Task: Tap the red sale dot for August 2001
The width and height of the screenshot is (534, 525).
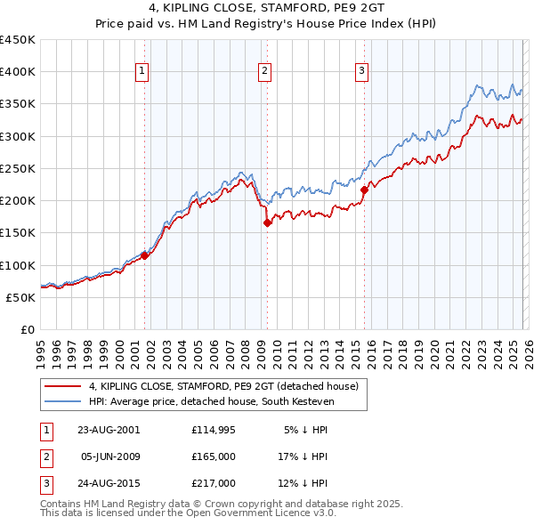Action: [144, 255]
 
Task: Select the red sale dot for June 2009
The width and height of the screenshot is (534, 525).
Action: [267, 223]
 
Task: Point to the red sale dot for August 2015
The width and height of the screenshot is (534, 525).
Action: [364, 190]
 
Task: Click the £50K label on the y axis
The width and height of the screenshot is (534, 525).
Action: [21, 297]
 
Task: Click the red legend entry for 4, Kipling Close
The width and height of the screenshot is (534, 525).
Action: [223, 386]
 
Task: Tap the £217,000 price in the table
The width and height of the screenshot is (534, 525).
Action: [214, 484]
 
